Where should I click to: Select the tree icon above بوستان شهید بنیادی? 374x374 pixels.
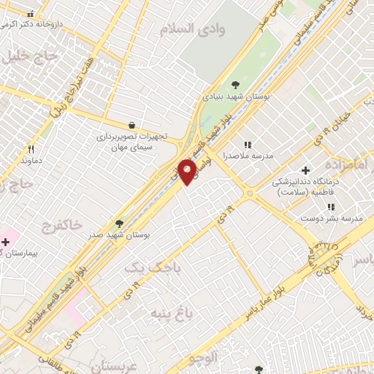[234, 85]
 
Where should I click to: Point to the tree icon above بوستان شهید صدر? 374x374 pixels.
[119, 224]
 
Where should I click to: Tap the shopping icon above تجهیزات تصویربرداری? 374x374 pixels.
[131, 125]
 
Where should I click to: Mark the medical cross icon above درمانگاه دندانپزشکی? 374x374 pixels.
[305, 169]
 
